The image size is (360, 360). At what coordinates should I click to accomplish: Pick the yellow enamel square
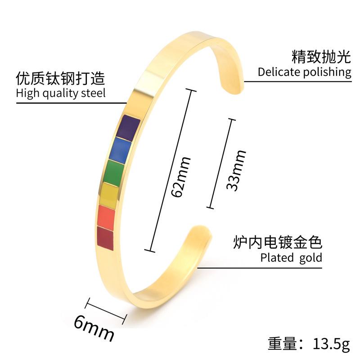click(x=110, y=193)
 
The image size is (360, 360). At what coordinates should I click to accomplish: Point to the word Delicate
click(x=279, y=72)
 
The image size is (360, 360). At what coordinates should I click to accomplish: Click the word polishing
click(x=327, y=72)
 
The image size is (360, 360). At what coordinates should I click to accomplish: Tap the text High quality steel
click(x=61, y=93)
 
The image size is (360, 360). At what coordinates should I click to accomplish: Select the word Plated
click(x=276, y=258)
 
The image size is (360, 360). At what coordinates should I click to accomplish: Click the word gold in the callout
click(x=310, y=258)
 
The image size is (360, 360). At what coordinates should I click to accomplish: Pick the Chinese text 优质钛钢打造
click(x=61, y=78)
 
